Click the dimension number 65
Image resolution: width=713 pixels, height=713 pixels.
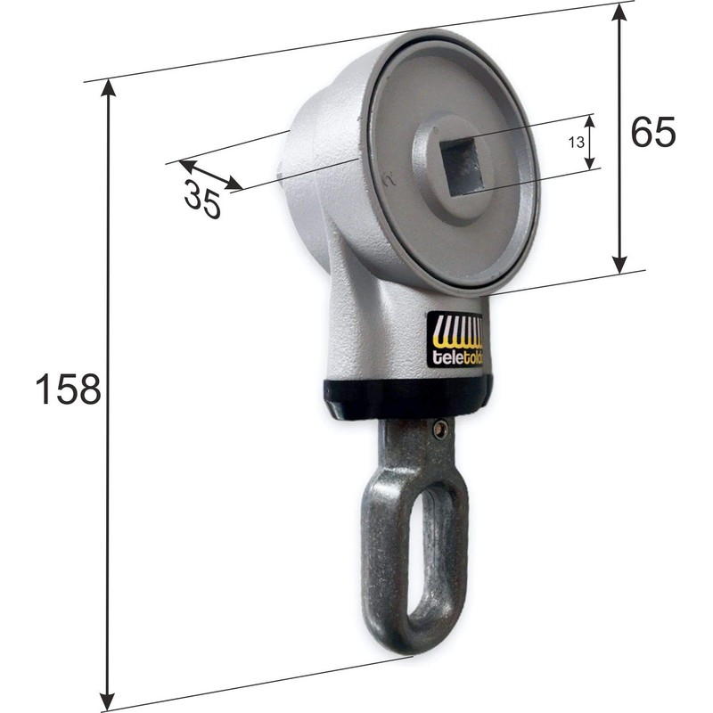(653, 132)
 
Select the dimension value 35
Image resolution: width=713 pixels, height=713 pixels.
(202, 198)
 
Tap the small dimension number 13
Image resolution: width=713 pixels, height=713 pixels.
(576, 142)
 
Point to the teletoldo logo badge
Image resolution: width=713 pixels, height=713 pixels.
(455, 340)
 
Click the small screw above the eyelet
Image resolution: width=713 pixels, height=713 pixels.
(438, 430)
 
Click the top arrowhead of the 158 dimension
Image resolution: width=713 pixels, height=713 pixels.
(109, 86)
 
